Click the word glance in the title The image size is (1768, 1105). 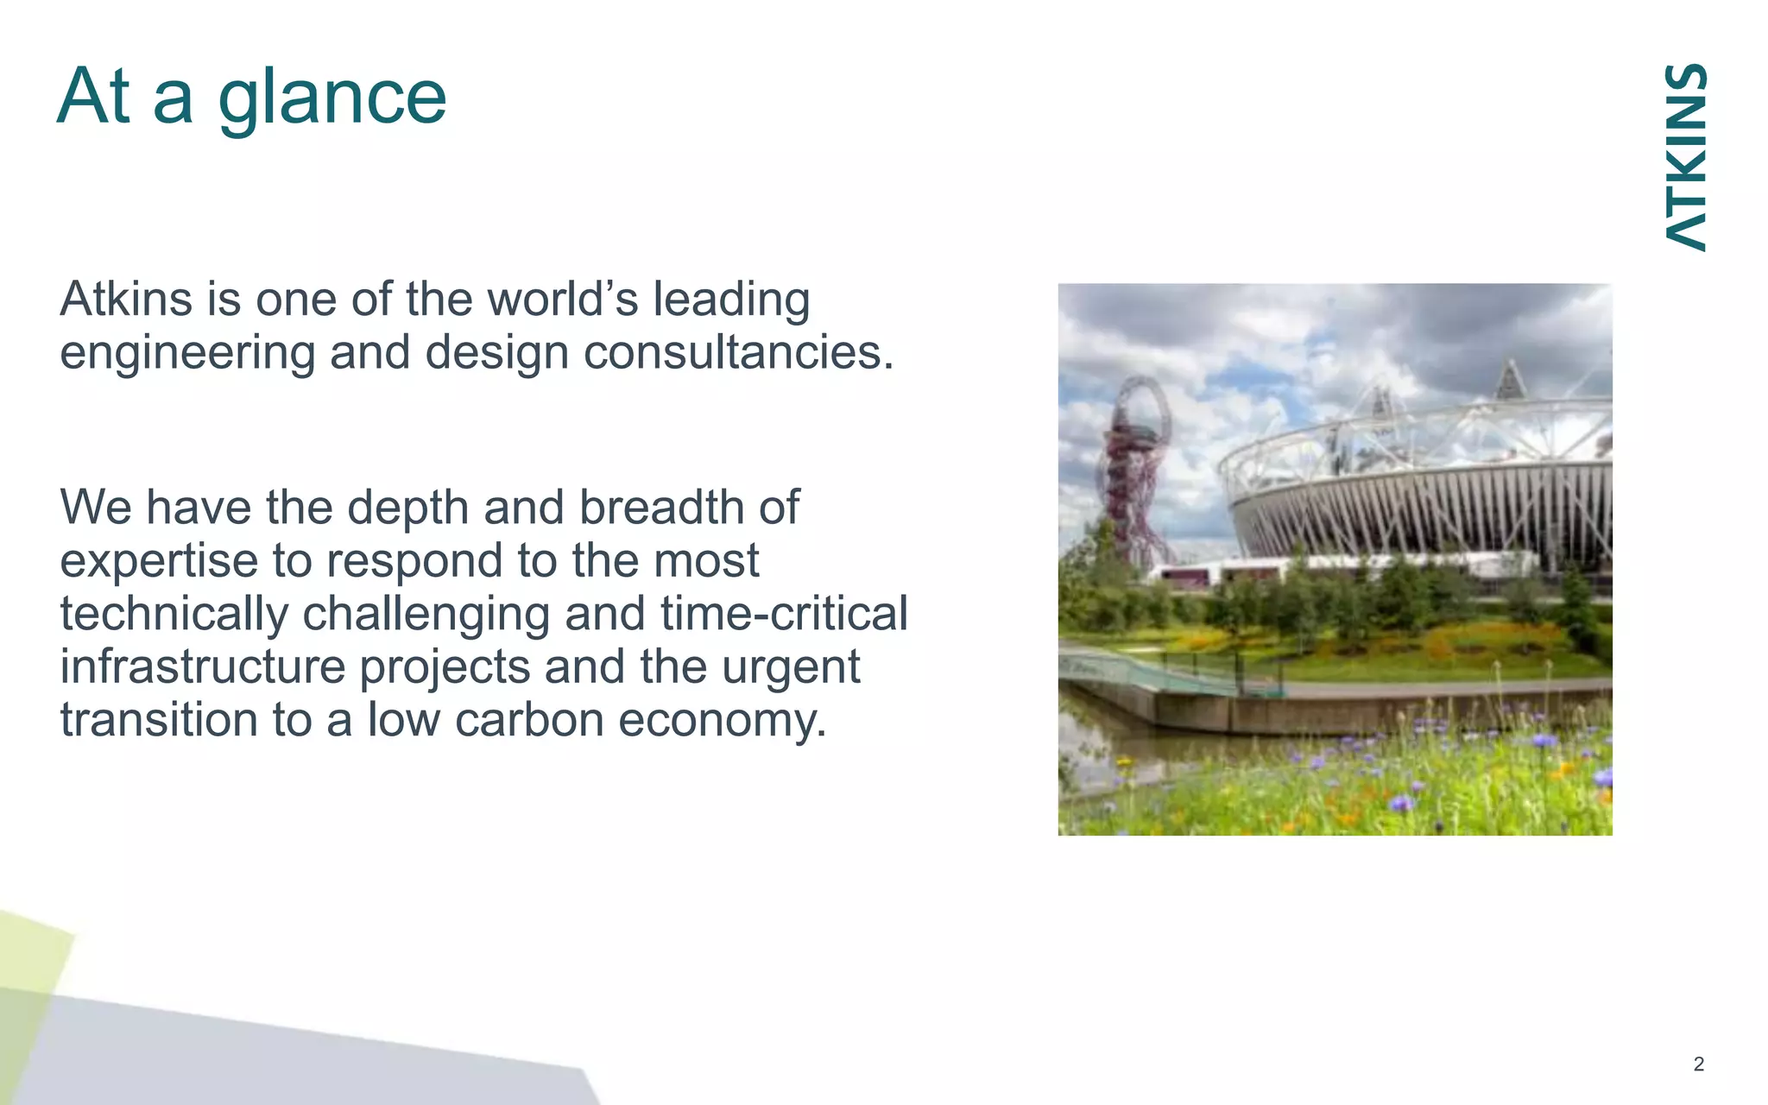click(x=332, y=97)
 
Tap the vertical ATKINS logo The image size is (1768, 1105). click(x=1685, y=157)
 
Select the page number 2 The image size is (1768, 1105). click(x=1698, y=1064)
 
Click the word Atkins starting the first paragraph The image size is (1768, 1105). click(x=126, y=300)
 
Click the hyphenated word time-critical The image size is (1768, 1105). click(x=784, y=614)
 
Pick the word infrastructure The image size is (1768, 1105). click(x=202, y=667)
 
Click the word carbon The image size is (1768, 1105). click(x=529, y=720)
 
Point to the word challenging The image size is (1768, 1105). click(x=426, y=614)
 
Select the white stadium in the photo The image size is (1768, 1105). click(x=1424, y=492)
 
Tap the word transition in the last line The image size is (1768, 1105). click(x=159, y=720)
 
